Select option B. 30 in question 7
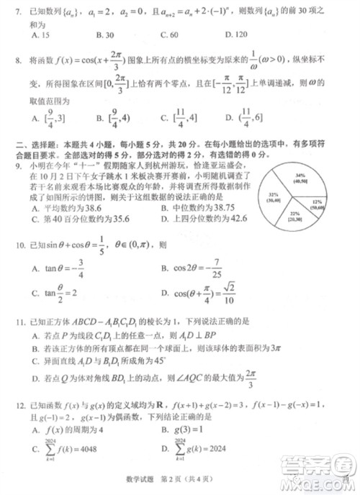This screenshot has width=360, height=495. click(x=105, y=35)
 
